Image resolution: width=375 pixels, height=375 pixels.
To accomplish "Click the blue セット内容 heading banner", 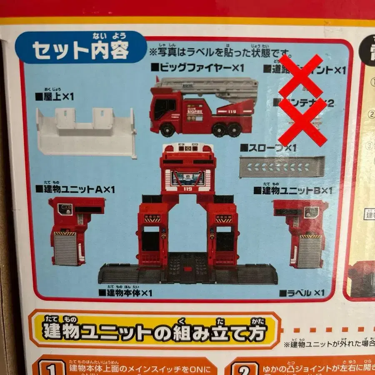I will tap(81, 50).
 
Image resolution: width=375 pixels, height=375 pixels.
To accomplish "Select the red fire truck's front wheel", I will tap(168, 130).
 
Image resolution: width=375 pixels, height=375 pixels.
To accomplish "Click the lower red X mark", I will tap(303, 122).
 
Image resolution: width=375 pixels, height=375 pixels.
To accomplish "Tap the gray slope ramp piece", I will tap(282, 167).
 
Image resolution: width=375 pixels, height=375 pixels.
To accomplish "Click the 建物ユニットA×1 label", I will tap(75, 189).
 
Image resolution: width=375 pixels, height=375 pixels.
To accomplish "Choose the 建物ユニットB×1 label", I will tap(293, 191).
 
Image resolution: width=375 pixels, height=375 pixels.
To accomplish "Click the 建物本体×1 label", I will tap(125, 293).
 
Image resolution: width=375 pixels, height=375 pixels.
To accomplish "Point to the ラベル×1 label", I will tap(302, 293).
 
